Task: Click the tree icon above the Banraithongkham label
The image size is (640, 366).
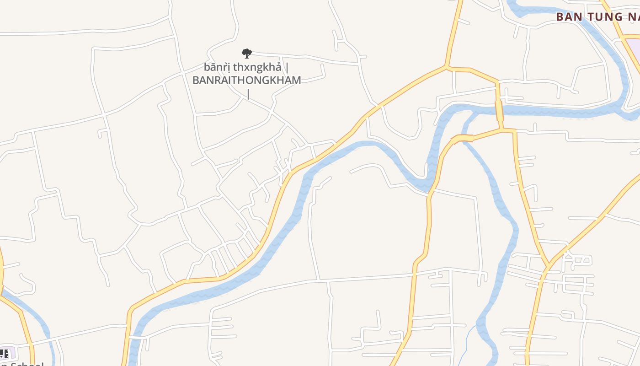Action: (x=247, y=54)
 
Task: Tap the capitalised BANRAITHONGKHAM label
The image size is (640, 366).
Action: (x=246, y=81)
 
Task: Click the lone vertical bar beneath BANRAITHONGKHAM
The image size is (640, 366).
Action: (x=248, y=94)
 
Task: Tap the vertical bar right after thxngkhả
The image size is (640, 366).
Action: (x=287, y=68)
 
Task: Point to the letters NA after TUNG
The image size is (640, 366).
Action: (x=633, y=17)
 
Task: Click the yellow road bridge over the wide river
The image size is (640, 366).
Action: (x=499, y=111)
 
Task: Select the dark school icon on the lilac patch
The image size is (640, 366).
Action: (x=4, y=353)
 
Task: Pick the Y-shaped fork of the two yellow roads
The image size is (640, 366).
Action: (x=547, y=266)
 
